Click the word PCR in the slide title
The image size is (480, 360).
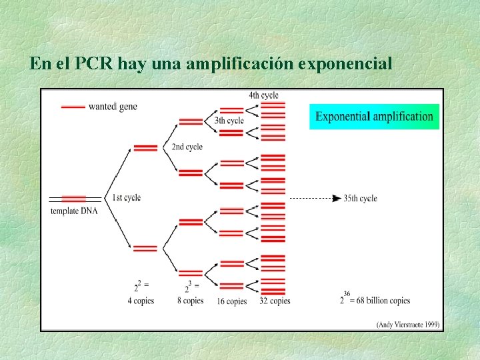pos(95,64)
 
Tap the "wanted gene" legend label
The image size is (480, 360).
pos(113,107)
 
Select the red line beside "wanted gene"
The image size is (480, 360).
pos(73,107)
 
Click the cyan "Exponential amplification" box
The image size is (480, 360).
pos(374,117)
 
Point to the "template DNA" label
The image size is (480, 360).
pos(74,211)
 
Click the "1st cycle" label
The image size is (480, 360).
pos(126,197)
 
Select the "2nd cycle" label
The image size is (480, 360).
pos(187,147)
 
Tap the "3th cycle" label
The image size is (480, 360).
pos(229,121)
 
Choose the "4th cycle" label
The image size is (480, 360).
pos(264,95)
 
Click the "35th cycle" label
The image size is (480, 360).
pos(360,198)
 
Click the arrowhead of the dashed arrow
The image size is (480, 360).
pos(337,198)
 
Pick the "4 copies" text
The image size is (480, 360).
pos(141,301)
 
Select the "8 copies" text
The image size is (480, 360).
pos(190,301)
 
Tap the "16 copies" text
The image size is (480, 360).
pos(232,301)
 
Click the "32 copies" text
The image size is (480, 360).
pos(275,301)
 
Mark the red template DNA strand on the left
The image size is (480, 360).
pos(74,199)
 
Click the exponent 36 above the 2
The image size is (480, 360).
pos(347,293)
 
